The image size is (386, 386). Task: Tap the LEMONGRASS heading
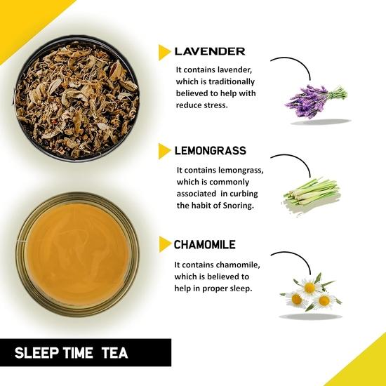[x=210, y=151]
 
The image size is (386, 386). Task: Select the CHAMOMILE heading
[x=205, y=245]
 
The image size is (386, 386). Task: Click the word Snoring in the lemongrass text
[x=239, y=206]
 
